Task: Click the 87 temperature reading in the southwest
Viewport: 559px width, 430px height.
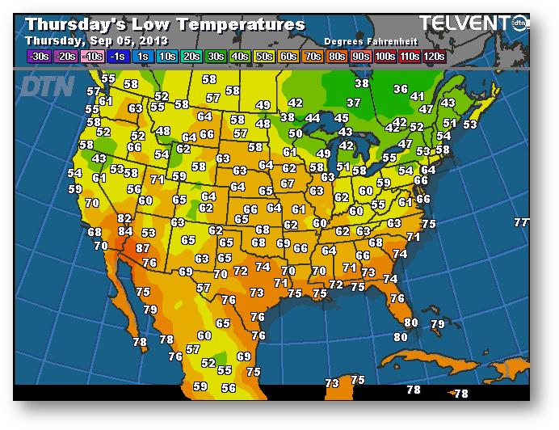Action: click(x=143, y=248)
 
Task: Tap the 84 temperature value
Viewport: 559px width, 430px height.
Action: click(x=125, y=232)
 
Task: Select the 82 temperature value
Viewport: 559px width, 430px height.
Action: click(x=124, y=218)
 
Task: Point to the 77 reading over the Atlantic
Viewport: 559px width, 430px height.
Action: click(x=521, y=222)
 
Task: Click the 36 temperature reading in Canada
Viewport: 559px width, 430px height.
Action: click(x=401, y=89)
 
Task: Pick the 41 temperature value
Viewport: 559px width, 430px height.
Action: click(x=418, y=96)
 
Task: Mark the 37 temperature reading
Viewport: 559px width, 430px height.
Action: click(x=353, y=103)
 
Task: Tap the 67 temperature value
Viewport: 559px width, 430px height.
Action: click(x=288, y=183)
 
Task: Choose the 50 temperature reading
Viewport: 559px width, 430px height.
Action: click(x=296, y=133)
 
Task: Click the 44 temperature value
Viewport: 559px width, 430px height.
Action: click(x=313, y=118)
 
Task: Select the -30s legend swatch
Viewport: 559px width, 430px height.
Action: click(x=38, y=56)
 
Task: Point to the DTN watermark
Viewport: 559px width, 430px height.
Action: click(x=47, y=85)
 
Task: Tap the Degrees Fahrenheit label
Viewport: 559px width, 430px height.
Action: click(x=364, y=40)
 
